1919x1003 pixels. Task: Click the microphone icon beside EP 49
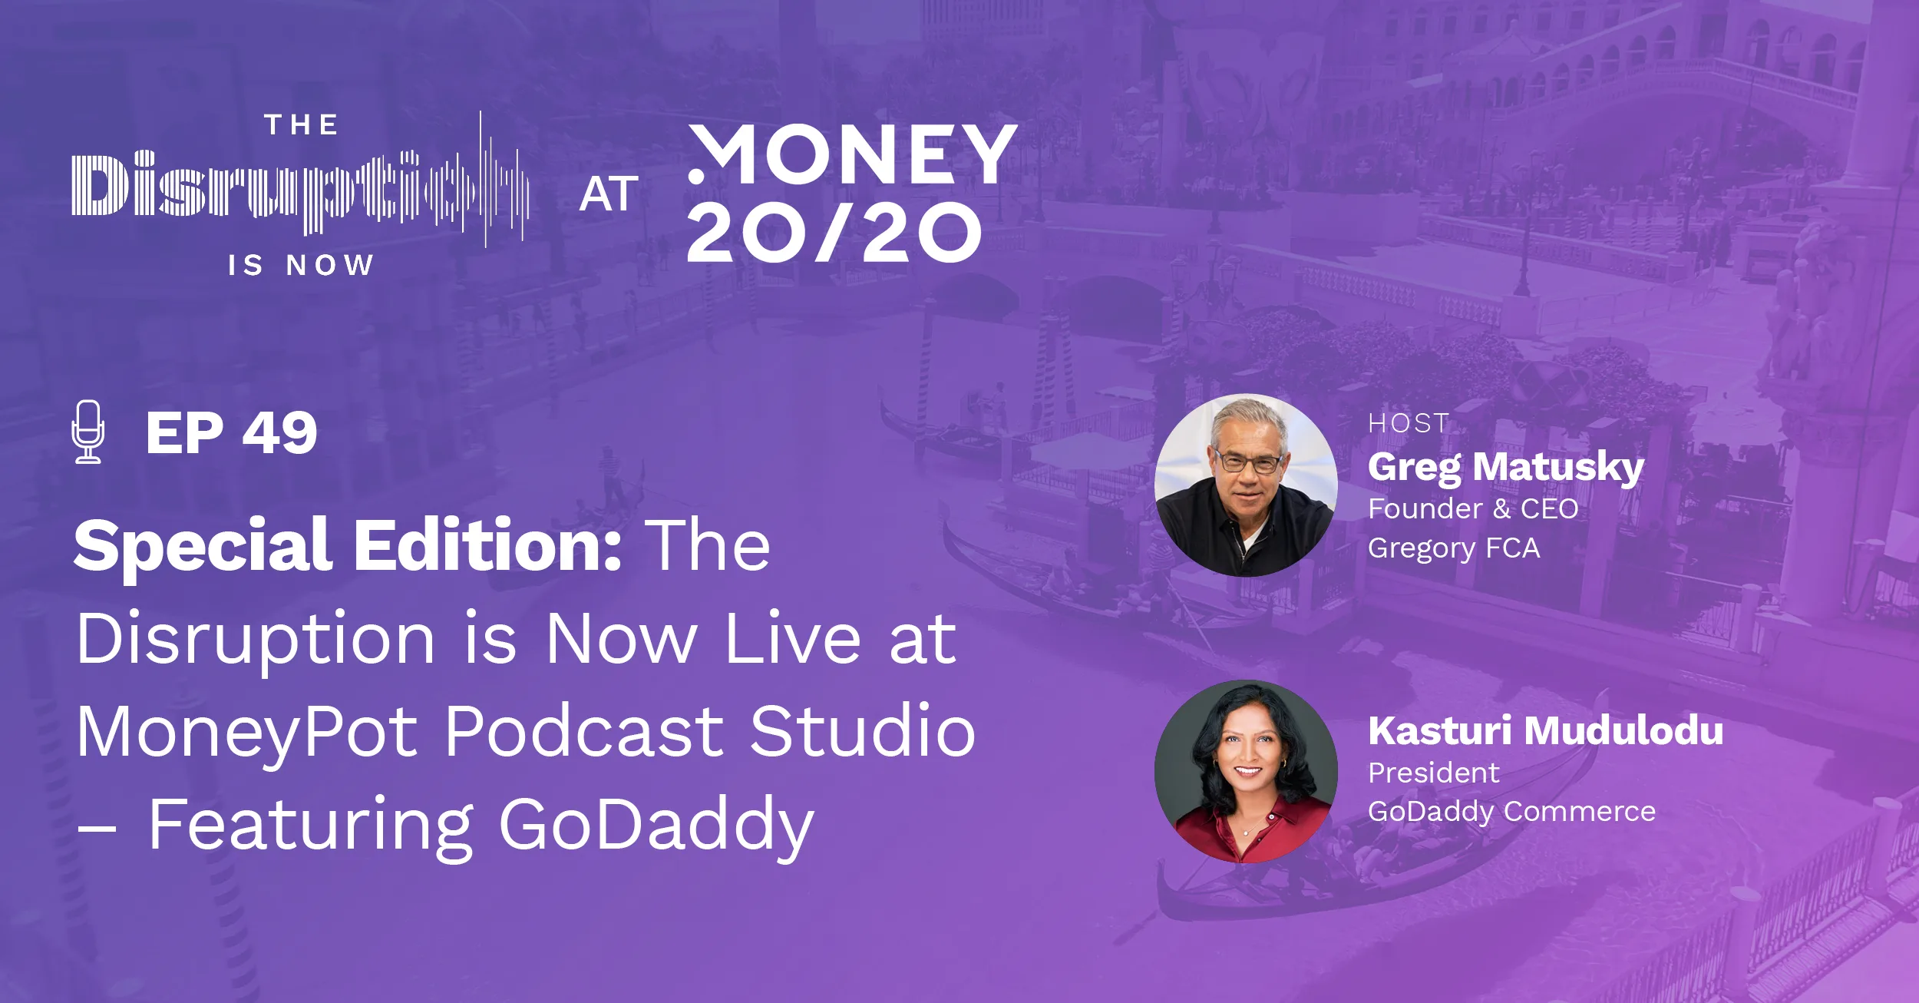(88, 432)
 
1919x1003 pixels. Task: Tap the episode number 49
(279, 433)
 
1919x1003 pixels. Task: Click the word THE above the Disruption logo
(302, 125)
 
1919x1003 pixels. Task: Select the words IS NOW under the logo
(301, 266)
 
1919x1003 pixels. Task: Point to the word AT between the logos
(609, 194)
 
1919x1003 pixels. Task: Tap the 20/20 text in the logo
(834, 233)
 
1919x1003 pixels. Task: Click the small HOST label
(1409, 423)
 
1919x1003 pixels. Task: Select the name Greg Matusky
(1505, 466)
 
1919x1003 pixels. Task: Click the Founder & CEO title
(1473, 508)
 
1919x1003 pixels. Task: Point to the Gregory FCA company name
(1454, 548)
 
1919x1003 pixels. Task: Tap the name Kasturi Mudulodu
(1545, 730)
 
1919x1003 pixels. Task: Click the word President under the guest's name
(1433, 773)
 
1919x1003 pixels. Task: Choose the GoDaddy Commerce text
(1511, 812)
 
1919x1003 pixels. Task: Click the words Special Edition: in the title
(348, 545)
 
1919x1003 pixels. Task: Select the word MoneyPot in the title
(246, 732)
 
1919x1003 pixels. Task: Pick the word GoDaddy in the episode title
(656, 826)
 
